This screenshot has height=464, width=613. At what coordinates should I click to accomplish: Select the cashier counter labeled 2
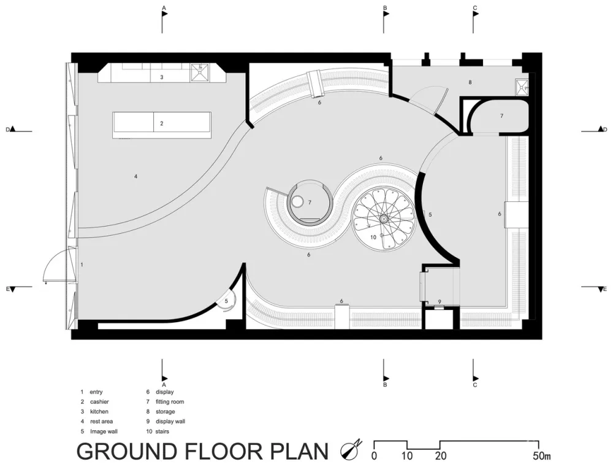(162, 124)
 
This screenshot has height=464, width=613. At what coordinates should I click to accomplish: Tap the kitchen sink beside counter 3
(200, 73)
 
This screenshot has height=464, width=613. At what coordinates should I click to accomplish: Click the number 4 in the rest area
(135, 177)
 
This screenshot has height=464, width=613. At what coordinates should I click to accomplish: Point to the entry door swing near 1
(55, 268)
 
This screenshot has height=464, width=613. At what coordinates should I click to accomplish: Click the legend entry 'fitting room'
(169, 402)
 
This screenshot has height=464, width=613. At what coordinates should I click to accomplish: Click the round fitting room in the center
(310, 202)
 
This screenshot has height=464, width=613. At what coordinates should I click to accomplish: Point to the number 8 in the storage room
(470, 82)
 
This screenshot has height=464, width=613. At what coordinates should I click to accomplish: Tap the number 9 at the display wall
(440, 301)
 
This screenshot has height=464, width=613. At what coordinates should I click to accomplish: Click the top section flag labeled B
(386, 18)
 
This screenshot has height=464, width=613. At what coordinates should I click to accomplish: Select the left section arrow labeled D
(12, 130)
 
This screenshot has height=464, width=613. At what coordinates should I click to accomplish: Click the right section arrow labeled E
(601, 288)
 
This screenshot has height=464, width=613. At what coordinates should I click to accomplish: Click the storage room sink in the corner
(522, 87)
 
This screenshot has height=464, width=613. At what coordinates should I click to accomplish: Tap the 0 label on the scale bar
(374, 456)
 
